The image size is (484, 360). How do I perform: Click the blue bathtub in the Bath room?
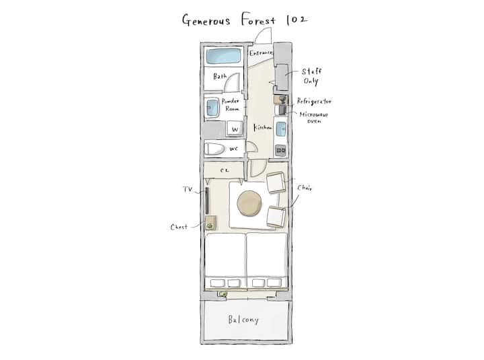(223, 56)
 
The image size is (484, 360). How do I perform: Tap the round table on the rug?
(249, 203)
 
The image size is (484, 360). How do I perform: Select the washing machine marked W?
(235, 129)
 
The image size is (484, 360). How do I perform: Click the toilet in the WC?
(214, 149)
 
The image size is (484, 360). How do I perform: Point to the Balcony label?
(243, 320)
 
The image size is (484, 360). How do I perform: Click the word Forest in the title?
(258, 20)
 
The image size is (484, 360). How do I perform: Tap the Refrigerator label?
(314, 101)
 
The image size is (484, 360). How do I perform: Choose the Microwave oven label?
(314, 118)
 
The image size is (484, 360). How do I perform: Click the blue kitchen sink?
(281, 129)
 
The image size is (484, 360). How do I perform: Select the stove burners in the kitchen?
(281, 150)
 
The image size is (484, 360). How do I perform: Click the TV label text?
(188, 189)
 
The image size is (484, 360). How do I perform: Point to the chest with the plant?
(210, 223)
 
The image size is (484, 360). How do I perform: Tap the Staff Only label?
(311, 76)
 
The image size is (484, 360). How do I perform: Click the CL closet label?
(225, 170)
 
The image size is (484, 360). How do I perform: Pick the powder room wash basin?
(212, 108)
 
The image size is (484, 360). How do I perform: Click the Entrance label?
(261, 53)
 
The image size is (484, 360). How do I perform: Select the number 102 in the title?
(296, 20)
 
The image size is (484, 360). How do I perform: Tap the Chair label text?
(305, 188)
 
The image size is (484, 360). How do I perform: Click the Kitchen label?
(263, 127)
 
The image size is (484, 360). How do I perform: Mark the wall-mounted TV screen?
(207, 201)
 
